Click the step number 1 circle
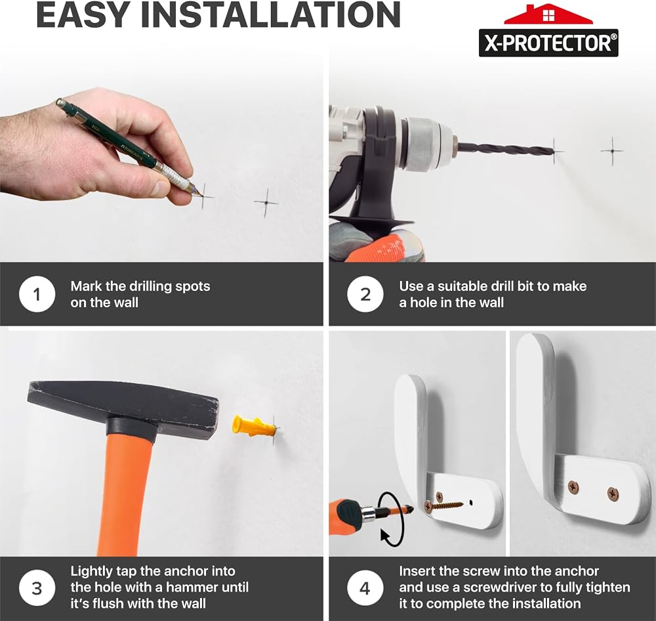click(x=37, y=294)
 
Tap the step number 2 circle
click(x=365, y=294)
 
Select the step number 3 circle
click(x=37, y=588)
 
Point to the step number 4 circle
click(x=365, y=588)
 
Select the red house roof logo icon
click(x=548, y=14)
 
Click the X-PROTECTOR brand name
click(x=548, y=43)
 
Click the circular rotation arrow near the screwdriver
click(x=391, y=519)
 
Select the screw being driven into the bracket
click(x=443, y=505)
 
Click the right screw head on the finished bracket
click(x=613, y=494)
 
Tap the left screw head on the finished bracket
click(x=573, y=487)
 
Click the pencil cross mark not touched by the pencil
click(x=266, y=203)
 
